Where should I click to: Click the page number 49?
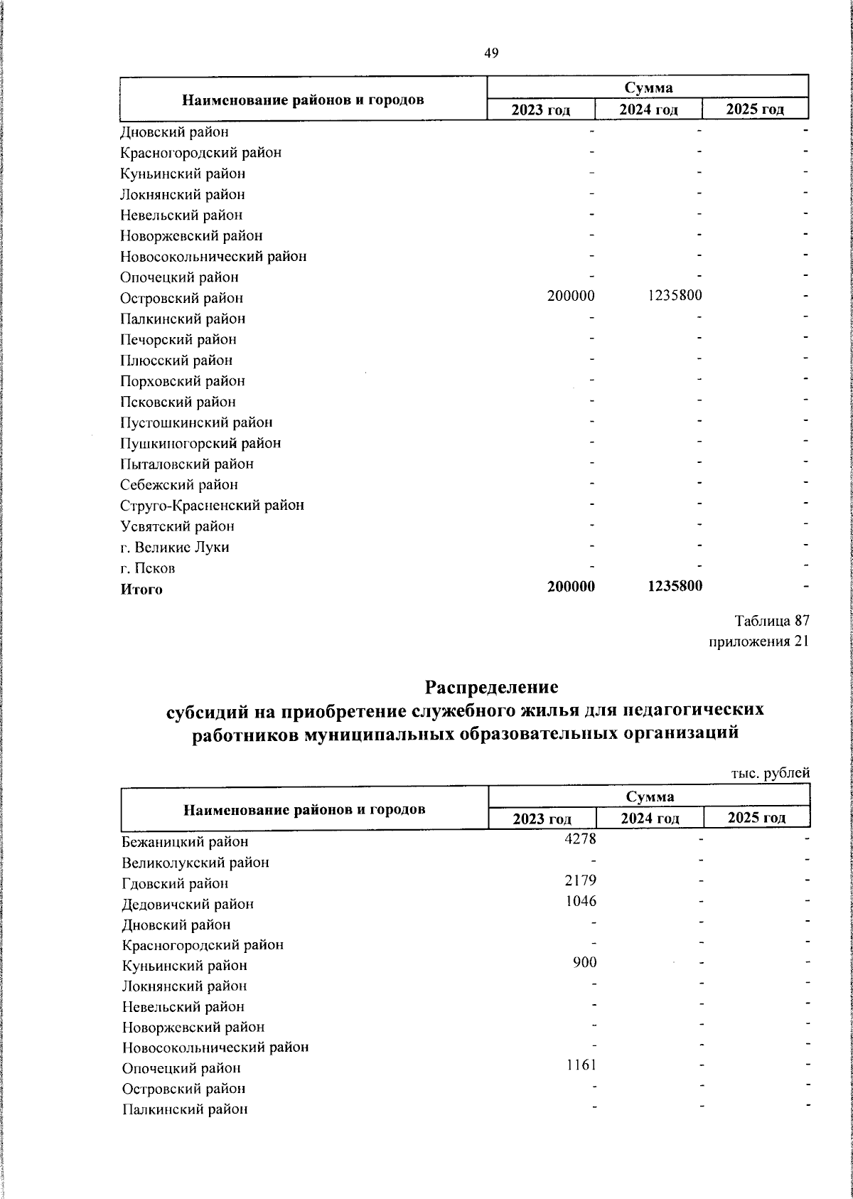click(491, 53)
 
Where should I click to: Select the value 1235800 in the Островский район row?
click(675, 295)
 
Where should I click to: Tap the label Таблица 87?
click(772, 621)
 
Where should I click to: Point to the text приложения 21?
click(759, 641)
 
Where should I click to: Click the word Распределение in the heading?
click(491, 688)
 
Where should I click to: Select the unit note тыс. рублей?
click(771, 773)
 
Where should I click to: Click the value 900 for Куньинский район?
click(586, 962)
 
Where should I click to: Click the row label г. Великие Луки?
click(175, 547)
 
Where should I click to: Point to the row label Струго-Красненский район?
click(212, 506)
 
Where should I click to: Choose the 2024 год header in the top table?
click(648, 110)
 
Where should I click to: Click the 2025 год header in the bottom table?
click(756, 817)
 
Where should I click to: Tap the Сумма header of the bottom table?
click(650, 796)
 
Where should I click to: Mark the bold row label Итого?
click(141, 589)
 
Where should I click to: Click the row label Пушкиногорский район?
click(200, 443)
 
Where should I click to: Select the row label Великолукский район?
click(195, 863)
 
